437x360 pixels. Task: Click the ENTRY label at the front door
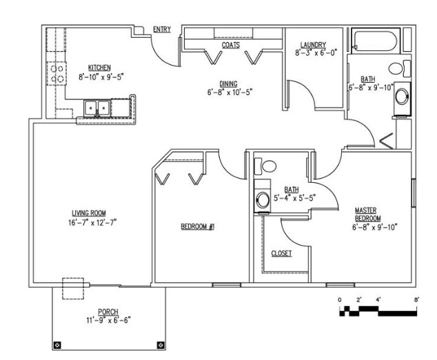coord(162,29)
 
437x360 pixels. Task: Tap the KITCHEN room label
coord(99,68)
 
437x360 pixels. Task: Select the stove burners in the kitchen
coord(57,74)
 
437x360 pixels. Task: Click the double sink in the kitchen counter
coord(96,108)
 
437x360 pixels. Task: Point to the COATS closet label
coord(231,46)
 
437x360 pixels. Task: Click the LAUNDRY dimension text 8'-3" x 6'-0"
coord(316,52)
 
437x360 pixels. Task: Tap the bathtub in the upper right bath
coord(376,41)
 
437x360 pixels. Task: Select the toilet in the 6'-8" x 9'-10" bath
coord(400,68)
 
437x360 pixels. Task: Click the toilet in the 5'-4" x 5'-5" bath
coord(265,166)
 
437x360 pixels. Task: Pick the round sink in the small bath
coord(263,199)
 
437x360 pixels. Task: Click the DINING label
coord(229,83)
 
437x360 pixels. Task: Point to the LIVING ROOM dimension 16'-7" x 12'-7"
coord(92,223)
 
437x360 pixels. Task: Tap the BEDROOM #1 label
coord(198,227)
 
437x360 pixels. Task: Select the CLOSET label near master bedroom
coord(281,253)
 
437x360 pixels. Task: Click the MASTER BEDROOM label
coord(367,214)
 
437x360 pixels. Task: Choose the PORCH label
coord(108,312)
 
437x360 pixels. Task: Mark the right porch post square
coord(161,346)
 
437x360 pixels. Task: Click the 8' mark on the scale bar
coord(416,300)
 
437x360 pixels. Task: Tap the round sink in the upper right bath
coord(402,97)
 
